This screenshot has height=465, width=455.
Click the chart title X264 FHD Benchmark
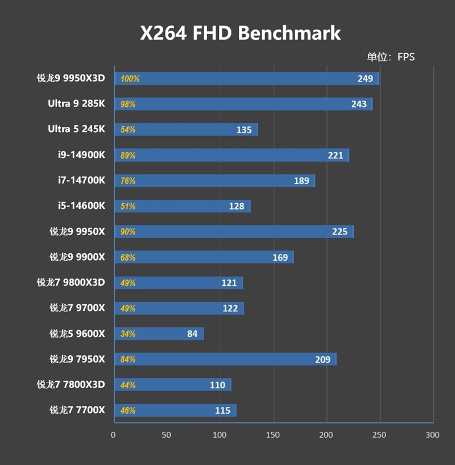(x=240, y=33)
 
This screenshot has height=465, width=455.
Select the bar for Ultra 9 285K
(x=243, y=104)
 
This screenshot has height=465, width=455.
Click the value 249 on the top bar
(x=365, y=79)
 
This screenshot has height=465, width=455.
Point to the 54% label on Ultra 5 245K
(x=128, y=130)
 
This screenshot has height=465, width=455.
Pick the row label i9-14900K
(x=81, y=155)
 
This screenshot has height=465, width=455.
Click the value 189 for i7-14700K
(x=301, y=181)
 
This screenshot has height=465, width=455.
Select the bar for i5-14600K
(x=182, y=206)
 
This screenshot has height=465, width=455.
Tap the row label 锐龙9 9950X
(x=77, y=232)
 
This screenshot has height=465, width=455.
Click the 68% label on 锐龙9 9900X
(x=128, y=257)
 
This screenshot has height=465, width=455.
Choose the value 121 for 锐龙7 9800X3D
(x=230, y=283)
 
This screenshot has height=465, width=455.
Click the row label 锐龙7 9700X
(x=77, y=308)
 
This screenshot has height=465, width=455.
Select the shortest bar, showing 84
(x=159, y=334)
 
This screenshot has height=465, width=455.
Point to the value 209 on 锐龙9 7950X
(x=322, y=359)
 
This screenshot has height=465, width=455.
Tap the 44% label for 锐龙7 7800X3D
(x=128, y=385)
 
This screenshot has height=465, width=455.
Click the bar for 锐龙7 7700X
(x=175, y=410)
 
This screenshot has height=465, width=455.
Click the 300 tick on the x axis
(x=432, y=435)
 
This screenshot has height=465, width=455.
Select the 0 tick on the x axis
(x=113, y=435)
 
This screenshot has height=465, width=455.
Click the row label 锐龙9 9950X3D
(x=71, y=79)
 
